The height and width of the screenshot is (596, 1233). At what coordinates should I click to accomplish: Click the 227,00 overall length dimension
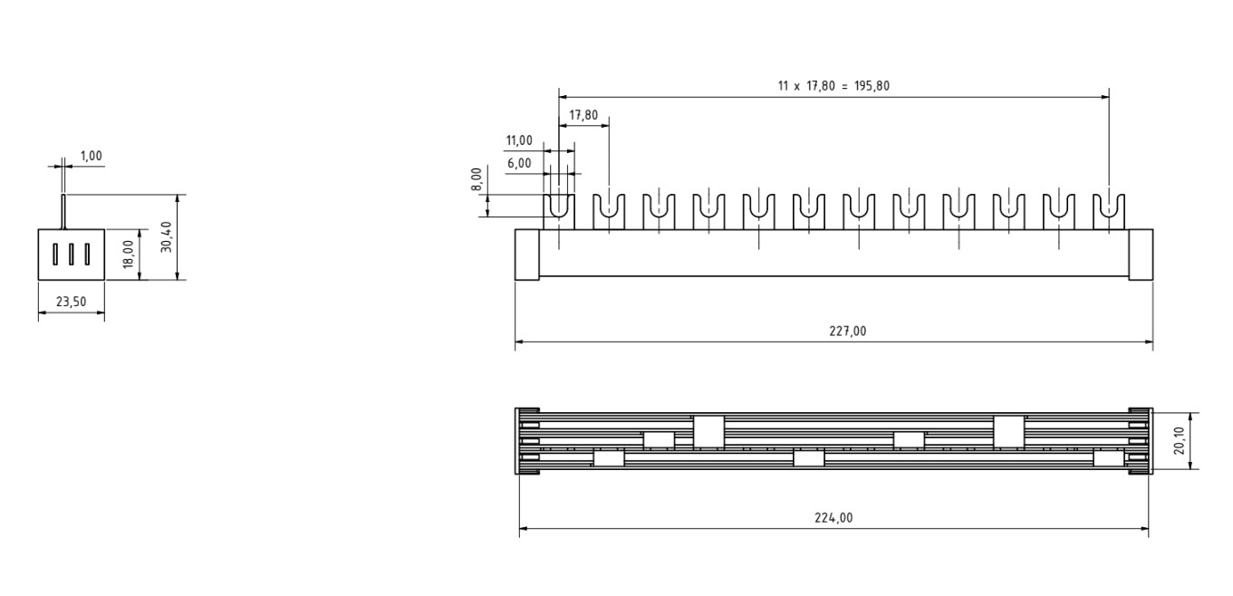click(848, 331)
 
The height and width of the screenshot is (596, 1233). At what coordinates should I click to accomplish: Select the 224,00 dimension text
click(833, 518)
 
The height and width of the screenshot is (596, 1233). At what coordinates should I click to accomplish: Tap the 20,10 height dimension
click(1179, 441)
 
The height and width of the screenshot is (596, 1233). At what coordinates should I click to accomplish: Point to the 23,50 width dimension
click(71, 302)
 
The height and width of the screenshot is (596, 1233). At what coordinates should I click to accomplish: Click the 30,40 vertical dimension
click(166, 236)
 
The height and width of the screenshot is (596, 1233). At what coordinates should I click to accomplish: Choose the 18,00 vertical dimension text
click(129, 255)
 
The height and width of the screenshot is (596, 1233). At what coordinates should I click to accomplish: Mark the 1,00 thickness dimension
click(92, 157)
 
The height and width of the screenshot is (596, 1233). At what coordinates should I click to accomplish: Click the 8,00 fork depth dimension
click(477, 178)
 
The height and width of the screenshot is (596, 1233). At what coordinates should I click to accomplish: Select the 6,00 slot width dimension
click(519, 163)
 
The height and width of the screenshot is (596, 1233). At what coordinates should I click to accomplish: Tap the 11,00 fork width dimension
click(519, 141)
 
